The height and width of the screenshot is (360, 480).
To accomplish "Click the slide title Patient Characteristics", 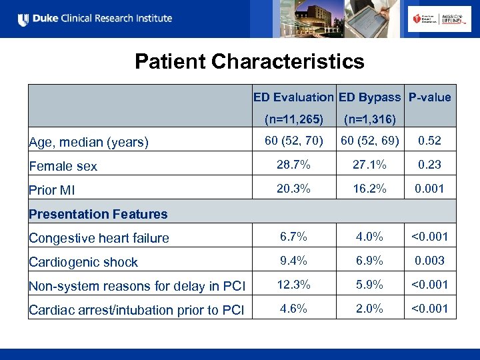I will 249,62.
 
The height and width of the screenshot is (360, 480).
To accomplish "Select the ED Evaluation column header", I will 293,97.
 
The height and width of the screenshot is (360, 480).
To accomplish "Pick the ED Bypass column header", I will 369,97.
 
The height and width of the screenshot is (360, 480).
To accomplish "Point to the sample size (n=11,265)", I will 293,120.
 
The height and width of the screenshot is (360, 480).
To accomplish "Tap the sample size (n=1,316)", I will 369,120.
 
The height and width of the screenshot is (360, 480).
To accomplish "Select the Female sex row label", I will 63,167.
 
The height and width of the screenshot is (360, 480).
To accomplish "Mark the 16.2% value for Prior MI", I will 369,189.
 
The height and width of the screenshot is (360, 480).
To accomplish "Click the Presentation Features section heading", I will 98,214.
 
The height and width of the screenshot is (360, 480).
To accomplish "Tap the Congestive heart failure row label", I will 99,238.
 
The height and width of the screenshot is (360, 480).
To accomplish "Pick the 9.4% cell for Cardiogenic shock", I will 293,261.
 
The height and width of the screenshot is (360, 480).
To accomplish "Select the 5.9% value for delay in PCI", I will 369,285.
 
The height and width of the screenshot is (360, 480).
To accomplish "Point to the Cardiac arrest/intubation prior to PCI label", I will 136,310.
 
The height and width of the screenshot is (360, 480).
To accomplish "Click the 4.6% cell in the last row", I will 293,309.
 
